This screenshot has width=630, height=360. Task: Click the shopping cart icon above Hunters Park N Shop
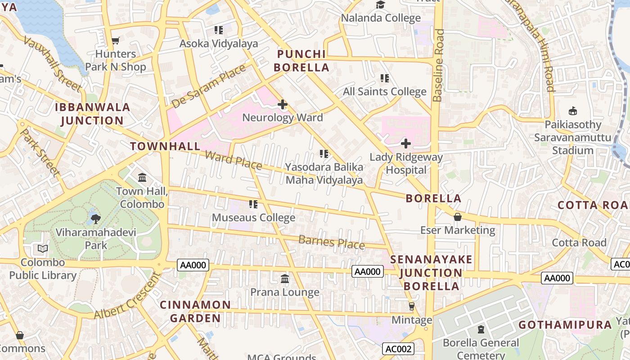click(x=115, y=41)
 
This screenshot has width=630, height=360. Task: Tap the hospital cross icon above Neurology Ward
click(x=283, y=105)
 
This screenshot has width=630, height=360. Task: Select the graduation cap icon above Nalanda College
click(x=381, y=5)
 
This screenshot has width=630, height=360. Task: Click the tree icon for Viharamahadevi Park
click(x=95, y=219)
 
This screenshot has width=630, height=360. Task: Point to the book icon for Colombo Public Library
click(x=43, y=249)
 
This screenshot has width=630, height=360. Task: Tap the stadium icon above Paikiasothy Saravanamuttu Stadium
click(x=573, y=111)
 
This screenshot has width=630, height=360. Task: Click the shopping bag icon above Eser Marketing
click(x=458, y=217)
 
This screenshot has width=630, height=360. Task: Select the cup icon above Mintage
click(x=411, y=306)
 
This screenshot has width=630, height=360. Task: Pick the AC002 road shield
click(x=398, y=349)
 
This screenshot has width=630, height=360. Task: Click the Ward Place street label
click(x=233, y=160)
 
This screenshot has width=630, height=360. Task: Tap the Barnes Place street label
click(x=332, y=242)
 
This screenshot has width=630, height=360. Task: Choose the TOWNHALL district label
click(x=165, y=146)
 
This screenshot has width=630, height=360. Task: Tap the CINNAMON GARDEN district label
click(x=195, y=311)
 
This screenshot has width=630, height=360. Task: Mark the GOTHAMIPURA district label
click(x=565, y=325)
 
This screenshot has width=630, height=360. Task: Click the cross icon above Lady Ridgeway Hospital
click(x=406, y=144)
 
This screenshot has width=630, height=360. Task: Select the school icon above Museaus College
click(x=253, y=205)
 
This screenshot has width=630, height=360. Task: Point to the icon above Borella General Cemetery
click(x=481, y=330)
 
